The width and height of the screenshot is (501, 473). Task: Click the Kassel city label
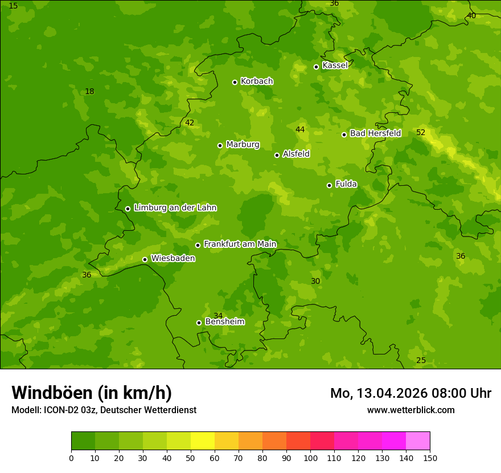pyautogui.click(x=335, y=66)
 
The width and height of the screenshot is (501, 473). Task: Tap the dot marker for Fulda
pyautogui.click(x=329, y=185)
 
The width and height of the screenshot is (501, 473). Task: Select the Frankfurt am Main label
pyautogui.click(x=240, y=244)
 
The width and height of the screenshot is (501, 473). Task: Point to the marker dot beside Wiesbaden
pyautogui.click(x=145, y=259)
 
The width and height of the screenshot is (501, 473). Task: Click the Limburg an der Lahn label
pyautogui.click(x=175, y=208)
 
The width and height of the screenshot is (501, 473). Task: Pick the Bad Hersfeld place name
pyautogui.click(x=375, y=133)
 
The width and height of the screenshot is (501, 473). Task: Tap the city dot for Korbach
pyautogui.click(x=235, y=82)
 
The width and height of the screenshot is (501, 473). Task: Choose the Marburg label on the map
pyautogui.click(x=243, y=145)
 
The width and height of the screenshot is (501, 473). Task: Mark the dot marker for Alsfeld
pyautogui.click(x=277, y=155)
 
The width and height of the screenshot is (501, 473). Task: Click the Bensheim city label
pyautogui.click(x=224, y=321)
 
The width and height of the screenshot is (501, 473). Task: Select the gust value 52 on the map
pyautogui.click(x=421, y=133)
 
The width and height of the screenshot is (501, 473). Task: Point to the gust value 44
pyautogui.click(x=300, y=130)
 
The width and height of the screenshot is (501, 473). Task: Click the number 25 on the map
pyautogui.click(x=421, y=361)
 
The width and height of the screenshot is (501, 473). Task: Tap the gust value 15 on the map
pyautogui.click(x=14, y=6)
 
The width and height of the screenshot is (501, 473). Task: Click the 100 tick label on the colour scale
pyautogui.click(x=310, y=458)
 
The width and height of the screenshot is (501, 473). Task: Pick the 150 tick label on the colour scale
pyautogui.click(x=430, y=458)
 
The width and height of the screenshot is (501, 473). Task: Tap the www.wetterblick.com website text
pyautogui.click(x=410, y=410)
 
